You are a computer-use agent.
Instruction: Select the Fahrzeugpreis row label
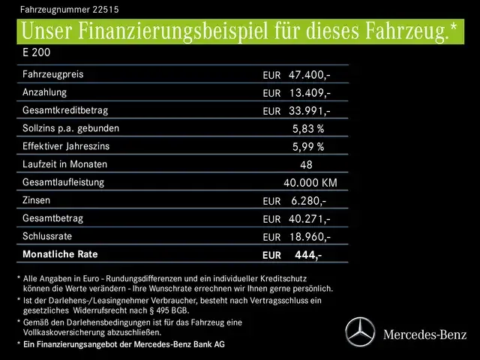(53, 75)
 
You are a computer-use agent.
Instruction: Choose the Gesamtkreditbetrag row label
(65, 111)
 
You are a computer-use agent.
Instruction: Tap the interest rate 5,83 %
(308, 129)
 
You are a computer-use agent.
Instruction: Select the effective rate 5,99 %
(308, 147)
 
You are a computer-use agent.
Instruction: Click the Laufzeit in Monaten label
(65, 165)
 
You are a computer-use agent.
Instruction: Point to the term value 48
(306, 165)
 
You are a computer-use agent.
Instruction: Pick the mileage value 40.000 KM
(310, 183)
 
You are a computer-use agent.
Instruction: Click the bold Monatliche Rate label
(61, 255)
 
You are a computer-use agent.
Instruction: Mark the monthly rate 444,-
(308, 255)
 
